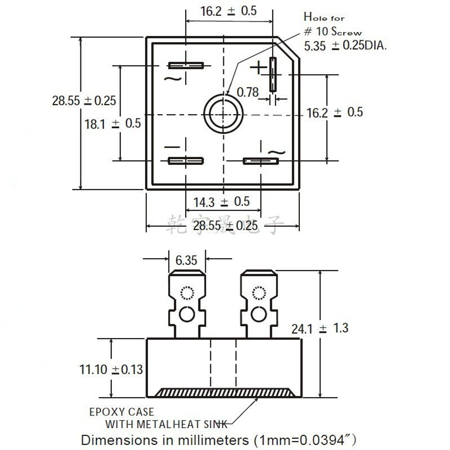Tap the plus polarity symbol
click(x=258, y=68)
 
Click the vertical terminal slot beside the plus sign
click(x=273, y=74)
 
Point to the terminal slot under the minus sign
click(x=185, y=161)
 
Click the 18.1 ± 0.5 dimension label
click(x=112, y=123)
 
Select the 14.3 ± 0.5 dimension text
click(x=222, y=201)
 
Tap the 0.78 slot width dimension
click(x=247, y=92)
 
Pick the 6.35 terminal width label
click(x=186, y=260)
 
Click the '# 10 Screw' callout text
click(x=332, y=32)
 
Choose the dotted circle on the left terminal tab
click(x=186, y=293)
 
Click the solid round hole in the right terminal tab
click(x=259, y=312)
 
